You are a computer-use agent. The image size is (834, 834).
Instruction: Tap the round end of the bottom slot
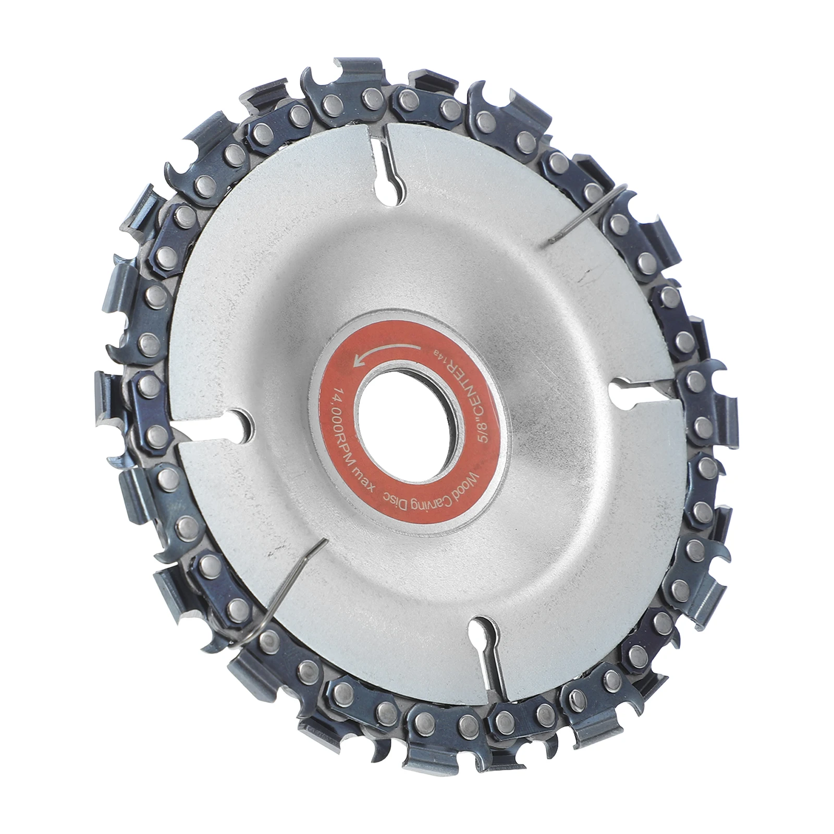[x=482, y=628]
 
